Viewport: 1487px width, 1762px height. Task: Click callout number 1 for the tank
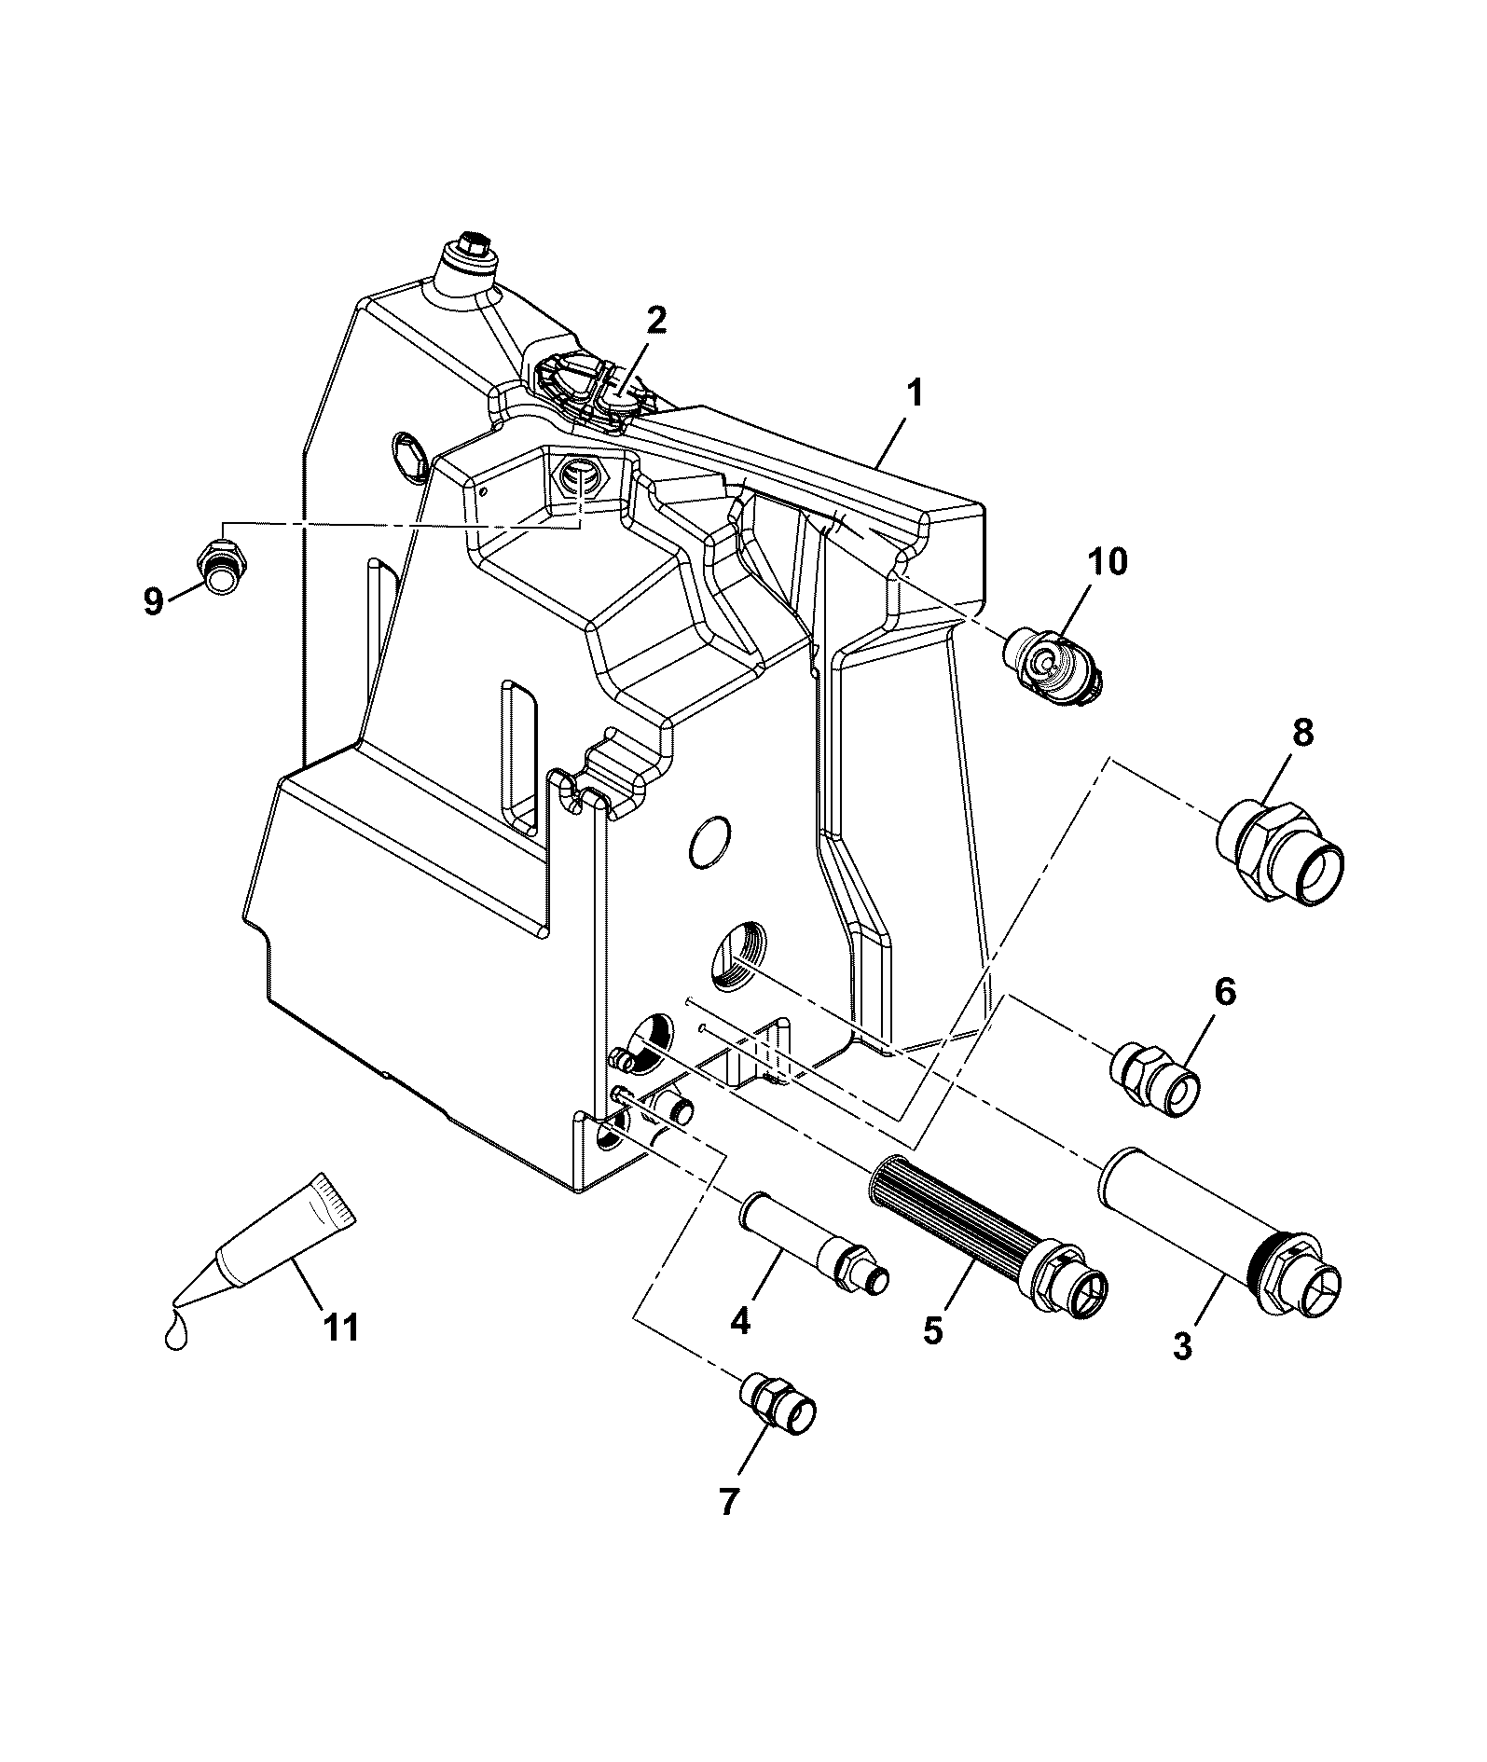pos(915,394)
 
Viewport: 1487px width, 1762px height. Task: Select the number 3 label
pos(1183,1347)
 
